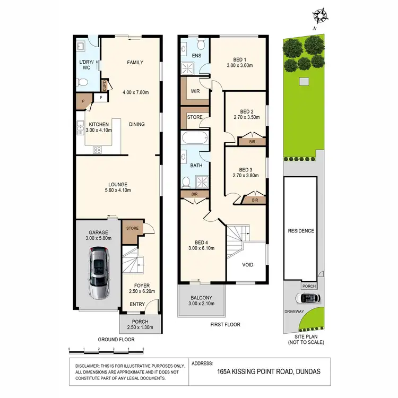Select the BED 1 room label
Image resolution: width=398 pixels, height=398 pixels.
point(240,59)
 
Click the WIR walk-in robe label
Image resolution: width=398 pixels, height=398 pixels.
point(195,91)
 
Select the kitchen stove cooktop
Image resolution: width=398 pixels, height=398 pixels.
point(98,150)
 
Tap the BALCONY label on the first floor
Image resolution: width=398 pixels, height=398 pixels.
point(200,298)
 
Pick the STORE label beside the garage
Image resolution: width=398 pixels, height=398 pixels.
point(132,229)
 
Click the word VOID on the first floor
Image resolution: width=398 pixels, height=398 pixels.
point(247,265)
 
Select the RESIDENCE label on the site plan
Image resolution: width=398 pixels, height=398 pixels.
point(301,231)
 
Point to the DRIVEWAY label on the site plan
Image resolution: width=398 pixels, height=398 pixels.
point(294,312)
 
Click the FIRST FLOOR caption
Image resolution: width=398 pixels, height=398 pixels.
point(226,324)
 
